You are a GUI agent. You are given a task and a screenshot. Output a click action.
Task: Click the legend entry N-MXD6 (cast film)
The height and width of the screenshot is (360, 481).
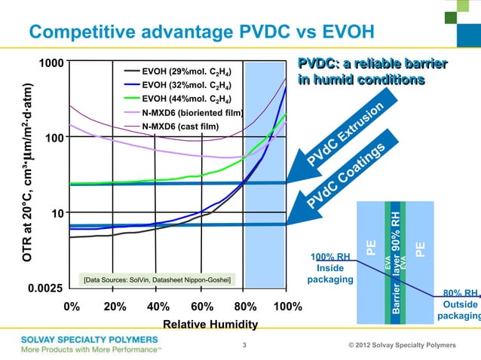(x=180, y=126)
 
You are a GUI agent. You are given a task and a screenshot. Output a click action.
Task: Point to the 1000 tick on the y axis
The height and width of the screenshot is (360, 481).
(x=51, y=63)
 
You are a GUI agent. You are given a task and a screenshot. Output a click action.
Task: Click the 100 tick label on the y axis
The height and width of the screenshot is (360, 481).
(x=54, y=139)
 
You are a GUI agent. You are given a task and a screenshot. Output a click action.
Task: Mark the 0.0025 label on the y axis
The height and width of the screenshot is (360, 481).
(x=45, y=288)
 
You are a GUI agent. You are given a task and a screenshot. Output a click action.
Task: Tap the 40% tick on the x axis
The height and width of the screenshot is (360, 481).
(x=158, y=307)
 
